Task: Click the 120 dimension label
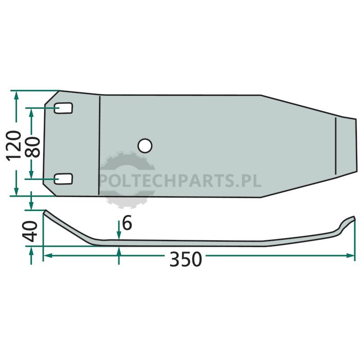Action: (13, 146)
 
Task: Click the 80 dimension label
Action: (32, 147)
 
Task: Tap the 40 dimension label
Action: (30, 231)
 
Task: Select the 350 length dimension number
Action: (185, 259)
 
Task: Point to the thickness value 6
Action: (127, 223)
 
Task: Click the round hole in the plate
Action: (145, 145)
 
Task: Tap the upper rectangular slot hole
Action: (63, 108)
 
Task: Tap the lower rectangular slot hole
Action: (63, 179)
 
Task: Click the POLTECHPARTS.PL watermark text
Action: (180, 181)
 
